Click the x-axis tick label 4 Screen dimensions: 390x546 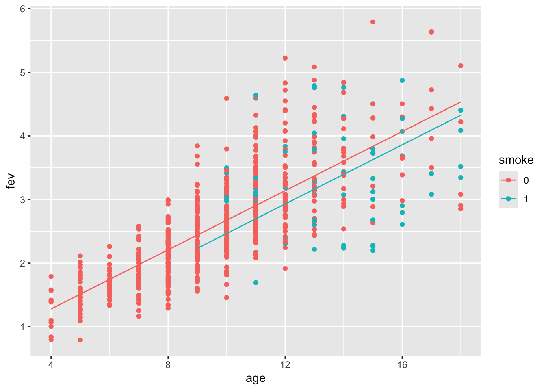click(51, 365)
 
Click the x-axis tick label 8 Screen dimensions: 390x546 click(168, 365)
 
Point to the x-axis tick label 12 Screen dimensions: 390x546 click(285, 365)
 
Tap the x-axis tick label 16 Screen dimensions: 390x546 click(402, 365)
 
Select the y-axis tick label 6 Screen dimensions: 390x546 click(23, 9)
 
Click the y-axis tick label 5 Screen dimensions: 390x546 click(23, 73)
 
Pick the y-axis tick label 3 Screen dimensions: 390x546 click(23, 200)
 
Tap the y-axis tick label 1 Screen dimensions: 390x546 click(23, 327)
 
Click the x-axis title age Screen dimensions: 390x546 click(256, 379)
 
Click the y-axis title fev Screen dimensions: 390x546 click(11, 181)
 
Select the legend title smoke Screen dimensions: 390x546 click(516, 160)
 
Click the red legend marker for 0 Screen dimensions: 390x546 click(508, 180)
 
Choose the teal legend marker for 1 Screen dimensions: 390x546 click(508, 199)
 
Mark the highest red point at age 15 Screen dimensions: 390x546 click(373, 22)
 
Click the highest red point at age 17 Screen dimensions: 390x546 click(431, 32)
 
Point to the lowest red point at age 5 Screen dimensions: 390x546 click(80, 340)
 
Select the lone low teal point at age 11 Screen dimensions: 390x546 click(256, 282)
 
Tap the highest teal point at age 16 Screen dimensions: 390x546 click(402, 80)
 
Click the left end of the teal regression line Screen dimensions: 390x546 click(197, 248)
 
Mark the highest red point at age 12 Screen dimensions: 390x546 click(285, 58)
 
